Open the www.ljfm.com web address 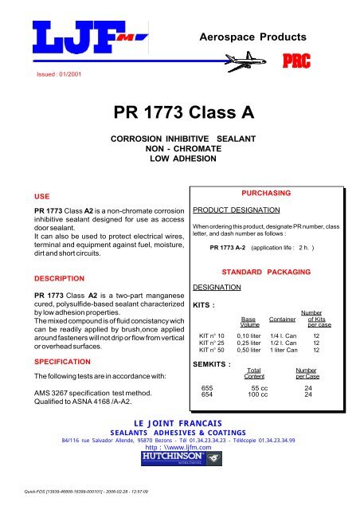[180, 449]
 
